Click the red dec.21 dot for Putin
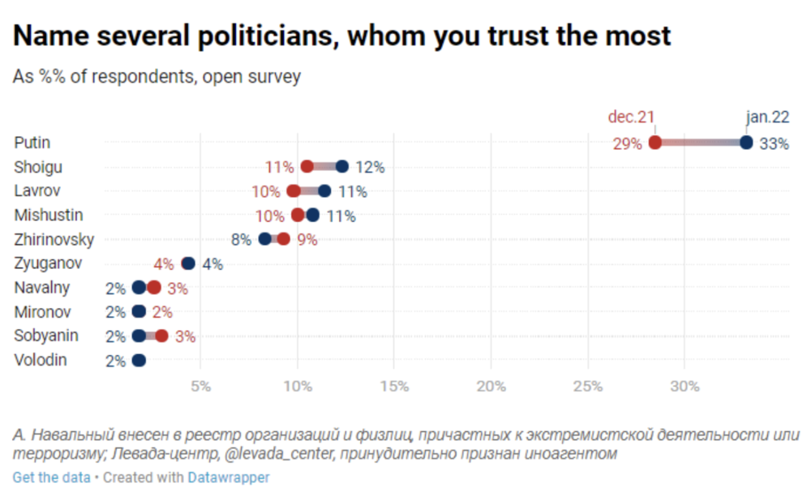(655, 143)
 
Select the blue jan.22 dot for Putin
(747, 143)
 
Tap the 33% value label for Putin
(773, 143)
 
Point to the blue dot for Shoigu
(342, 167)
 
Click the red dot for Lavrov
(294, 191)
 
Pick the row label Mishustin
(49, 216)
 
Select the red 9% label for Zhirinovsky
(307, 240)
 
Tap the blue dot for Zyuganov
(188, 263)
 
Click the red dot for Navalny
(154, 288)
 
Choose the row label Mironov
(42, 312)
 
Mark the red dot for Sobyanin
(161, 336)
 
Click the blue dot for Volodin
(139, 361)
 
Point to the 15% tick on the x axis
(393, 386)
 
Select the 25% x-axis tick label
(587, 386)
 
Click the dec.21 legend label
(631, 117)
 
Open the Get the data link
(51, 477)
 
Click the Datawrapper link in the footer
(229, 477)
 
